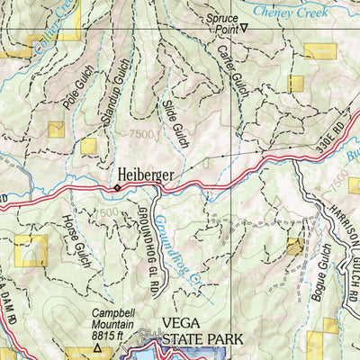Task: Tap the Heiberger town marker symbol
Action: [x=115, y=187]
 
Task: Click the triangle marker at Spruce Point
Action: [x=243, y=28]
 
